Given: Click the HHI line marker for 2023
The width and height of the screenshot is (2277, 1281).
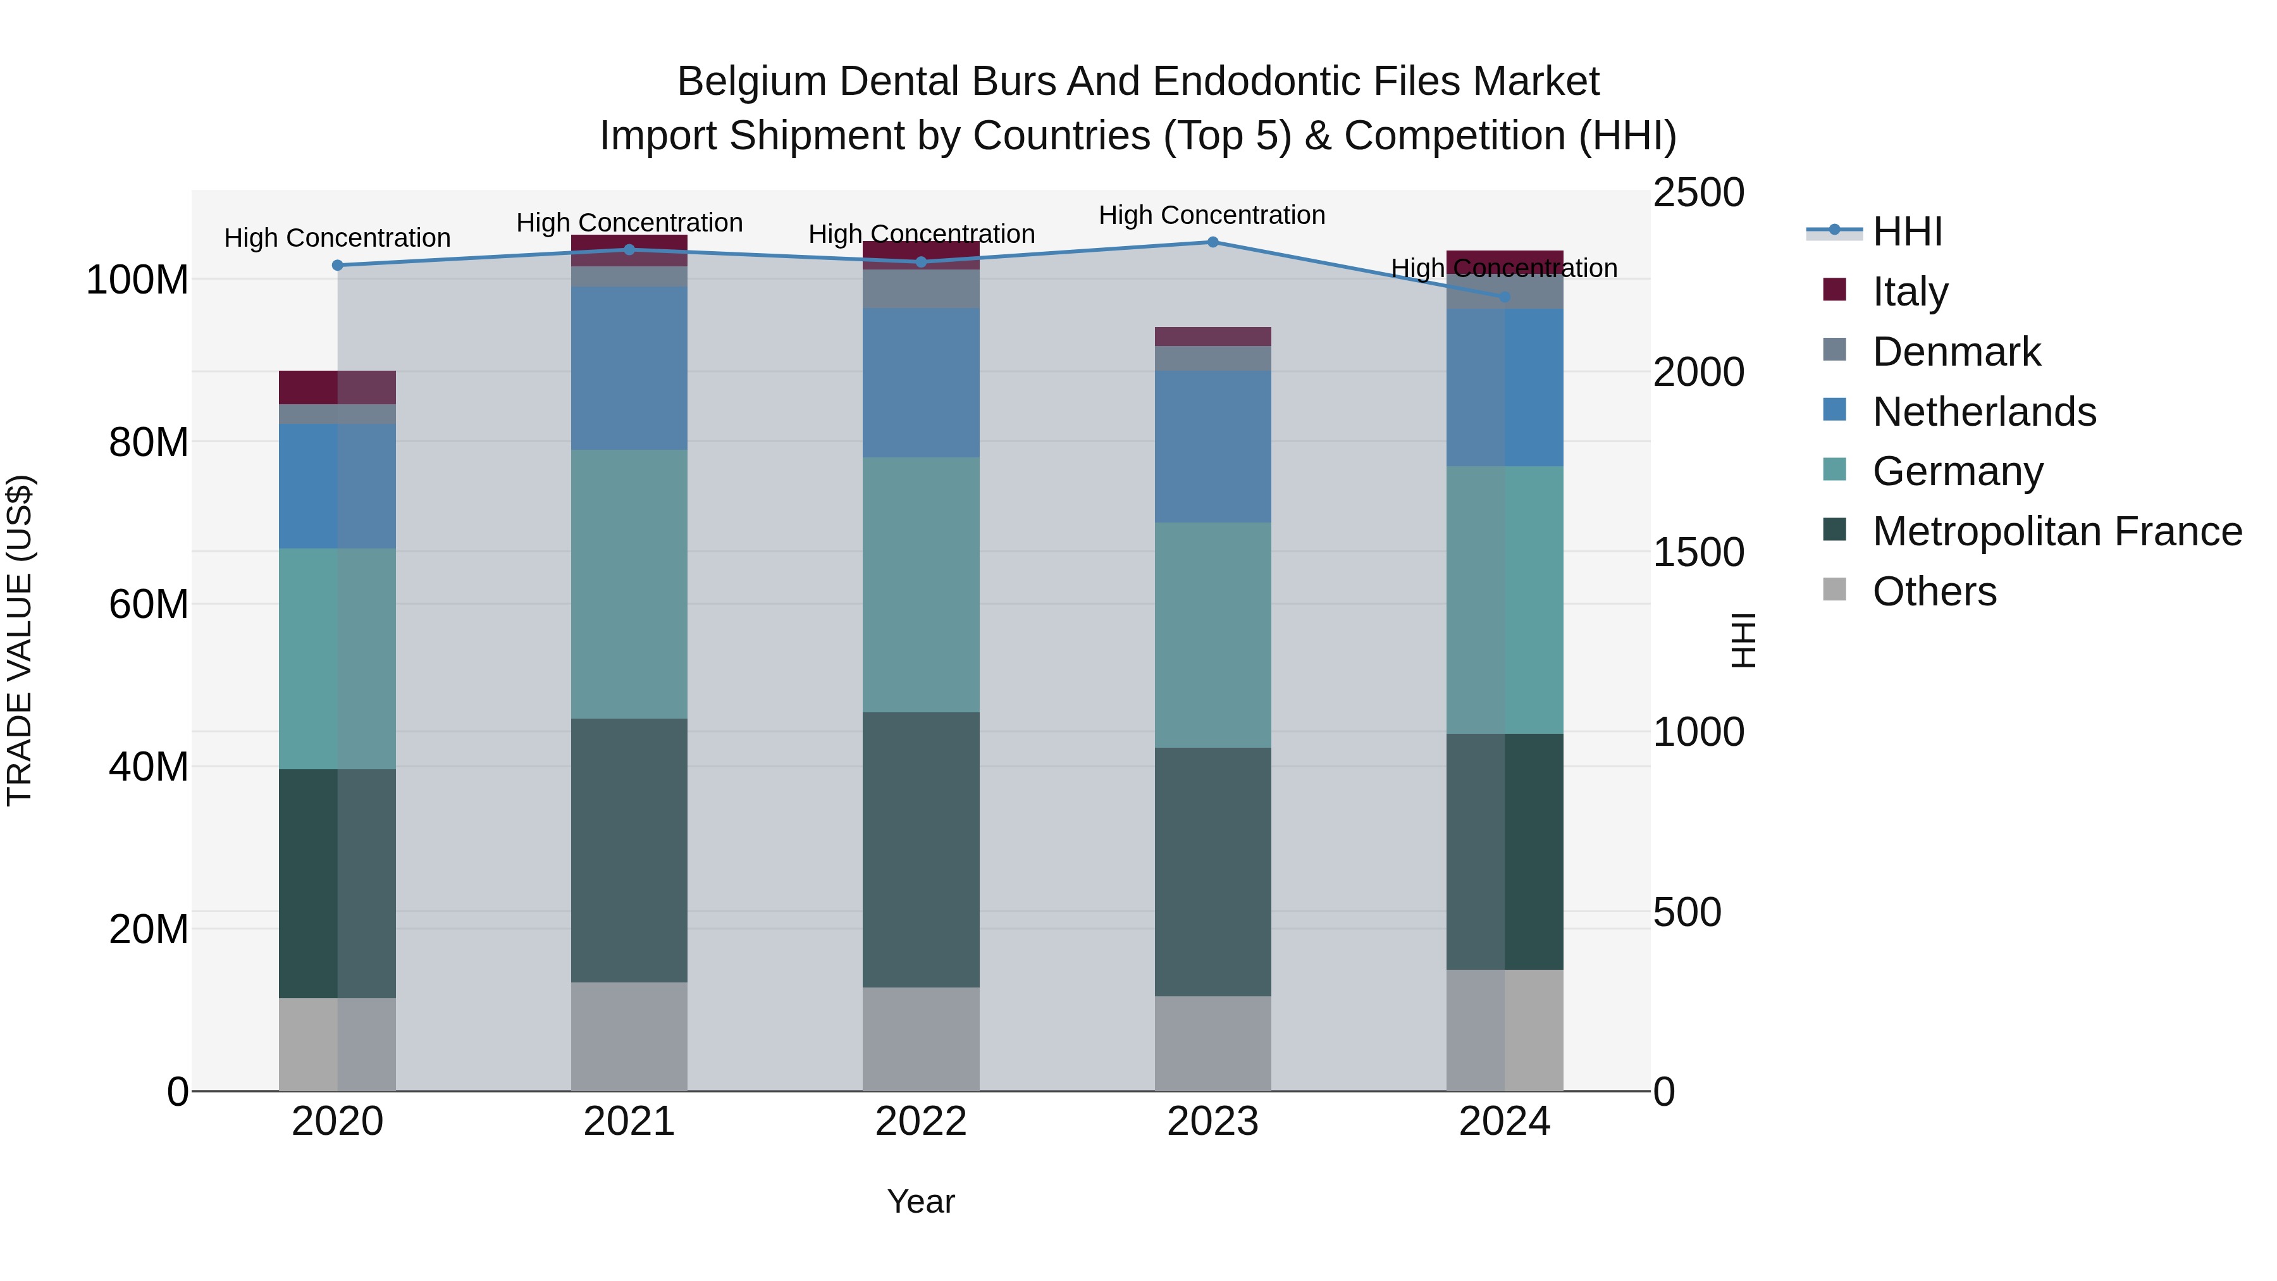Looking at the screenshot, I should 1213,242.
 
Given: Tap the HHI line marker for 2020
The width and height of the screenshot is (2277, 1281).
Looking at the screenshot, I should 338,265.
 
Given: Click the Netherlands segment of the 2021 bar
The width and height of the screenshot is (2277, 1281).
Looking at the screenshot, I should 629,368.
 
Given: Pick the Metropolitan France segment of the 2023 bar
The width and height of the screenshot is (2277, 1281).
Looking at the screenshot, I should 1213,872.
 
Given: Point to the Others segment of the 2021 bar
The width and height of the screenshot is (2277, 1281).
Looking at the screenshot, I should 629,1036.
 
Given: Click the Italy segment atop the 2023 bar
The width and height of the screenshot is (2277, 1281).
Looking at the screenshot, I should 1213,337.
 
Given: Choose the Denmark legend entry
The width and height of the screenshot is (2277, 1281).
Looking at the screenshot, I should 1956,352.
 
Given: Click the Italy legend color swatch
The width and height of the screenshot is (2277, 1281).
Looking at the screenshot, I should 1835,290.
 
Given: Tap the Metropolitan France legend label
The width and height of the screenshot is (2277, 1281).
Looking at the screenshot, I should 2057,532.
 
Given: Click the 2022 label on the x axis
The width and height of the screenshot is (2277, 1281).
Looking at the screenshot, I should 921,1122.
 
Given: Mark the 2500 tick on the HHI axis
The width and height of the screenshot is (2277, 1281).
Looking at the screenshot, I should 1698,193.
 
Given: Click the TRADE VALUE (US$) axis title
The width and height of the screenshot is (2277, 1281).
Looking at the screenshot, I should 20,640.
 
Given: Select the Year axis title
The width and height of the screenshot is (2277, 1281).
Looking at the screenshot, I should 921,1201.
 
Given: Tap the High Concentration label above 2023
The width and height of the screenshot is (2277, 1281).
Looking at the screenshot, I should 1212,215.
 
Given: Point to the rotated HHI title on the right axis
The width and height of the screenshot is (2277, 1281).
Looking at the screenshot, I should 1743,640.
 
